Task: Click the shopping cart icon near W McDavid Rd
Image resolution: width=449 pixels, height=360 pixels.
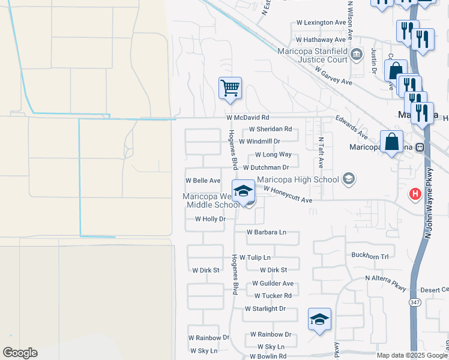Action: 230,88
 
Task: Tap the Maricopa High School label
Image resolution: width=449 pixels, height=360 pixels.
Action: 298,179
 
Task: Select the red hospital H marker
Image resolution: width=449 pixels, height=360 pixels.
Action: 415,194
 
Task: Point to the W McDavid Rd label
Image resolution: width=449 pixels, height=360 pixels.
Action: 247,118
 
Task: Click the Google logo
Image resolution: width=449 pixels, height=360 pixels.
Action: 20,353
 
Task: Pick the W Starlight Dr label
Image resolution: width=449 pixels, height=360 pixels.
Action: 265,309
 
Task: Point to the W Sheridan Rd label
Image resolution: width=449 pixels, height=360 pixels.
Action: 270,129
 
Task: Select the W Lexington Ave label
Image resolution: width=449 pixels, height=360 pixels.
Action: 322,23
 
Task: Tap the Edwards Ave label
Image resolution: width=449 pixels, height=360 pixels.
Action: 352,128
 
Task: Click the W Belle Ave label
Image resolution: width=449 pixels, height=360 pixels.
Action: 203,180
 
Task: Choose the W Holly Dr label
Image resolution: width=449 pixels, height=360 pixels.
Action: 210,219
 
